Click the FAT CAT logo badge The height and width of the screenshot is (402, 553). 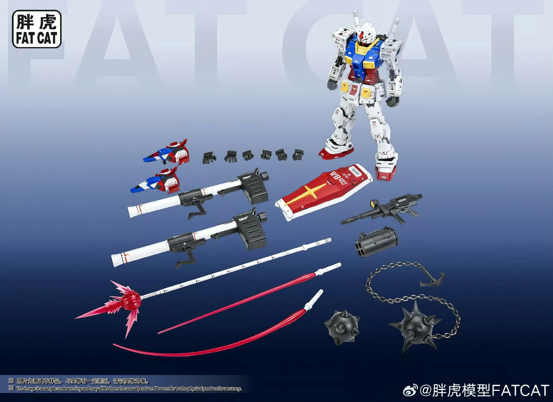click(37, 29)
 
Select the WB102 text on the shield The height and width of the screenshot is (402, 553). click(338, 179)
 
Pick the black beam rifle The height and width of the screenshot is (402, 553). click(384, 209)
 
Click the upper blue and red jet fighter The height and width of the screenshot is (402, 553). click(168, 152)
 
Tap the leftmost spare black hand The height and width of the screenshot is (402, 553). click(209, 157)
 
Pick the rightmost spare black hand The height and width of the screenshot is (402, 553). click(298, 154)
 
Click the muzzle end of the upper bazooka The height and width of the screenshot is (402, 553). click(133, 211)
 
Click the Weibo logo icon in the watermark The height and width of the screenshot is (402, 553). click(411, 390)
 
